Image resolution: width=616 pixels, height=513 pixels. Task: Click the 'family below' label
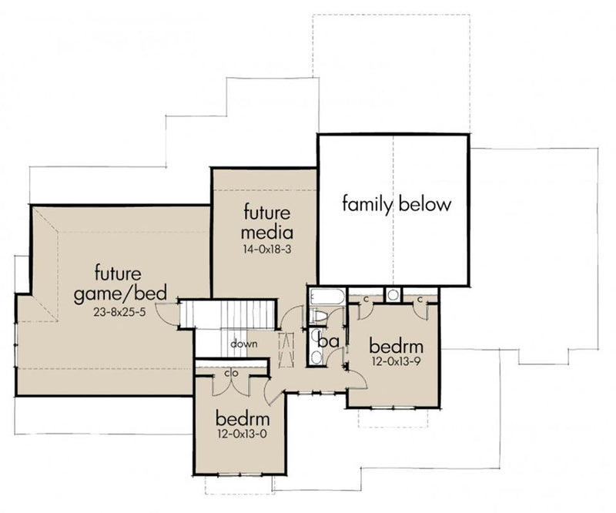(x=396, y=205)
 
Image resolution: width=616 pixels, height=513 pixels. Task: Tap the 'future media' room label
(x=267, y=222)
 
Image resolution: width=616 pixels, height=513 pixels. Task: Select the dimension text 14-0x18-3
(x=267, y=250)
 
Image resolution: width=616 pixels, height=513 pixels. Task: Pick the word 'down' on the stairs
(x=243, y=344)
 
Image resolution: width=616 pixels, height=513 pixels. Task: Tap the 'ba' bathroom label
(x=330, y=340)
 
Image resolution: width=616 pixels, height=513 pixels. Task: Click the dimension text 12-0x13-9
(x=393, y=360)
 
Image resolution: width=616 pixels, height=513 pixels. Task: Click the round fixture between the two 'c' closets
(x=393, y=294)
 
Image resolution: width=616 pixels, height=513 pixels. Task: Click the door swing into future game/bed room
(x=166, y=310)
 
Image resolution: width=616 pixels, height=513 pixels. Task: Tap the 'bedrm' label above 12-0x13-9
(x=393, y=344)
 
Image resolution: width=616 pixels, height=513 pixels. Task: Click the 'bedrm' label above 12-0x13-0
(x=242, y=420)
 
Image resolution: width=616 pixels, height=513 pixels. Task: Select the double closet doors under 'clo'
(x=232, y=386)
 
